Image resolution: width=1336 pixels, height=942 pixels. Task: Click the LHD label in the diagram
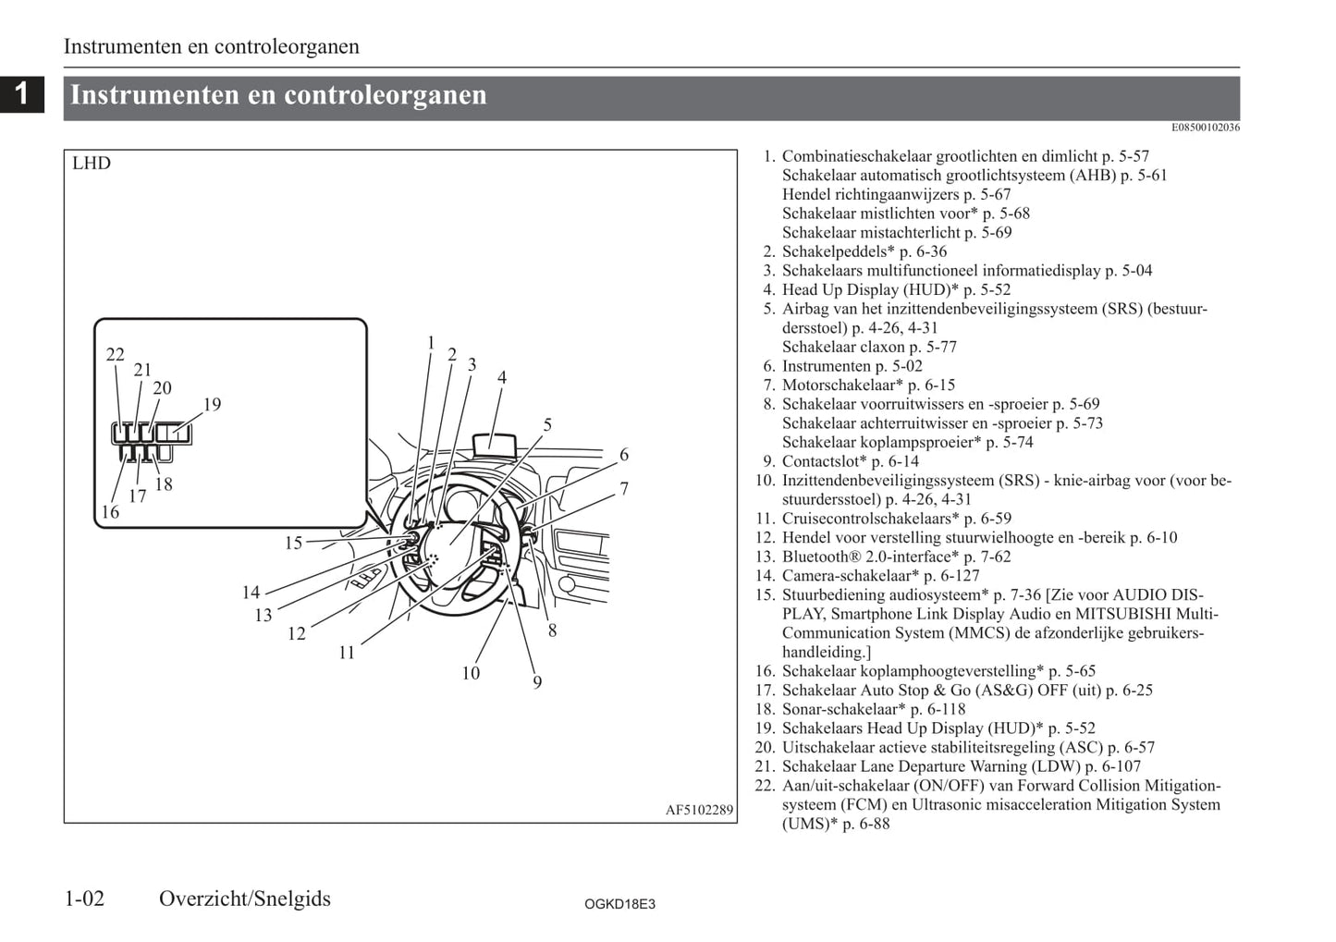(x=92, y=164)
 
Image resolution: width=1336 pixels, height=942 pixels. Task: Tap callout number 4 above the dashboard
(x=502, y=377)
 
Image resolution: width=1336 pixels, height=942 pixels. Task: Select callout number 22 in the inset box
(x=115, y=354)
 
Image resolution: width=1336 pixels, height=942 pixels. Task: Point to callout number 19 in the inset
(x=212, y=404)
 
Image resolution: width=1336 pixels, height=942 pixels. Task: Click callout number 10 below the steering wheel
(x=471, y=673)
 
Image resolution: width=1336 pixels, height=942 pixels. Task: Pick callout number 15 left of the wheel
(x=293, y=543)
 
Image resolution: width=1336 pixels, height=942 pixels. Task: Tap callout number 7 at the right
(x=624, y=488)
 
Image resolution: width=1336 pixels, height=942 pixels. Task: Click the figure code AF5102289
(x=699, y=811)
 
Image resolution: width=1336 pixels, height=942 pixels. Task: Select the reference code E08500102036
(x=1205, y=128)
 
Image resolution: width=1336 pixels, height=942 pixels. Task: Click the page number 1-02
(x=84, y=899)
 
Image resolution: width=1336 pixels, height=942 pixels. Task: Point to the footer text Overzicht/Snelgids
(x=244, y=899)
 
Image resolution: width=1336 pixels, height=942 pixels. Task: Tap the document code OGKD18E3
(x=619, y=904)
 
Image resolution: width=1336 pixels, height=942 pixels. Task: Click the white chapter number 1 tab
(x=22, y=93)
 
